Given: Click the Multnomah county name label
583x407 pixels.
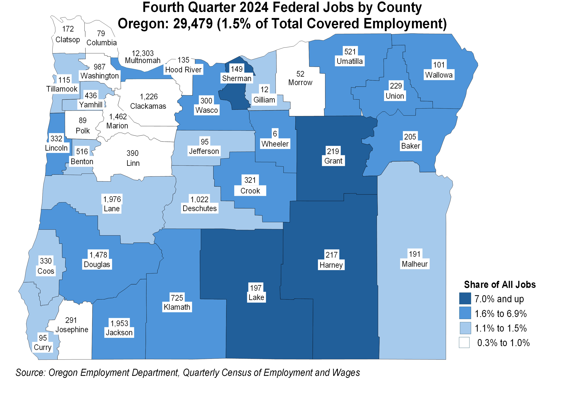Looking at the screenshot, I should (143, 61).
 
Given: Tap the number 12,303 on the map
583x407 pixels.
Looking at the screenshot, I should (143, 53).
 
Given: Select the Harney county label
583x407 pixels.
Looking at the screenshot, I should (331, 265).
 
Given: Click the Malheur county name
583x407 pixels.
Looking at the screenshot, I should (414, 264).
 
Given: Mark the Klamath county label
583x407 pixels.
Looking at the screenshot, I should (177, 307).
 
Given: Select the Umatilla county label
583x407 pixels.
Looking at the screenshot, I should (350, 61).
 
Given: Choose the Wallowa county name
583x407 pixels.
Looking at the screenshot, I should (439, 75).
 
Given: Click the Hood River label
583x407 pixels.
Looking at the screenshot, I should (183, 70).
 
